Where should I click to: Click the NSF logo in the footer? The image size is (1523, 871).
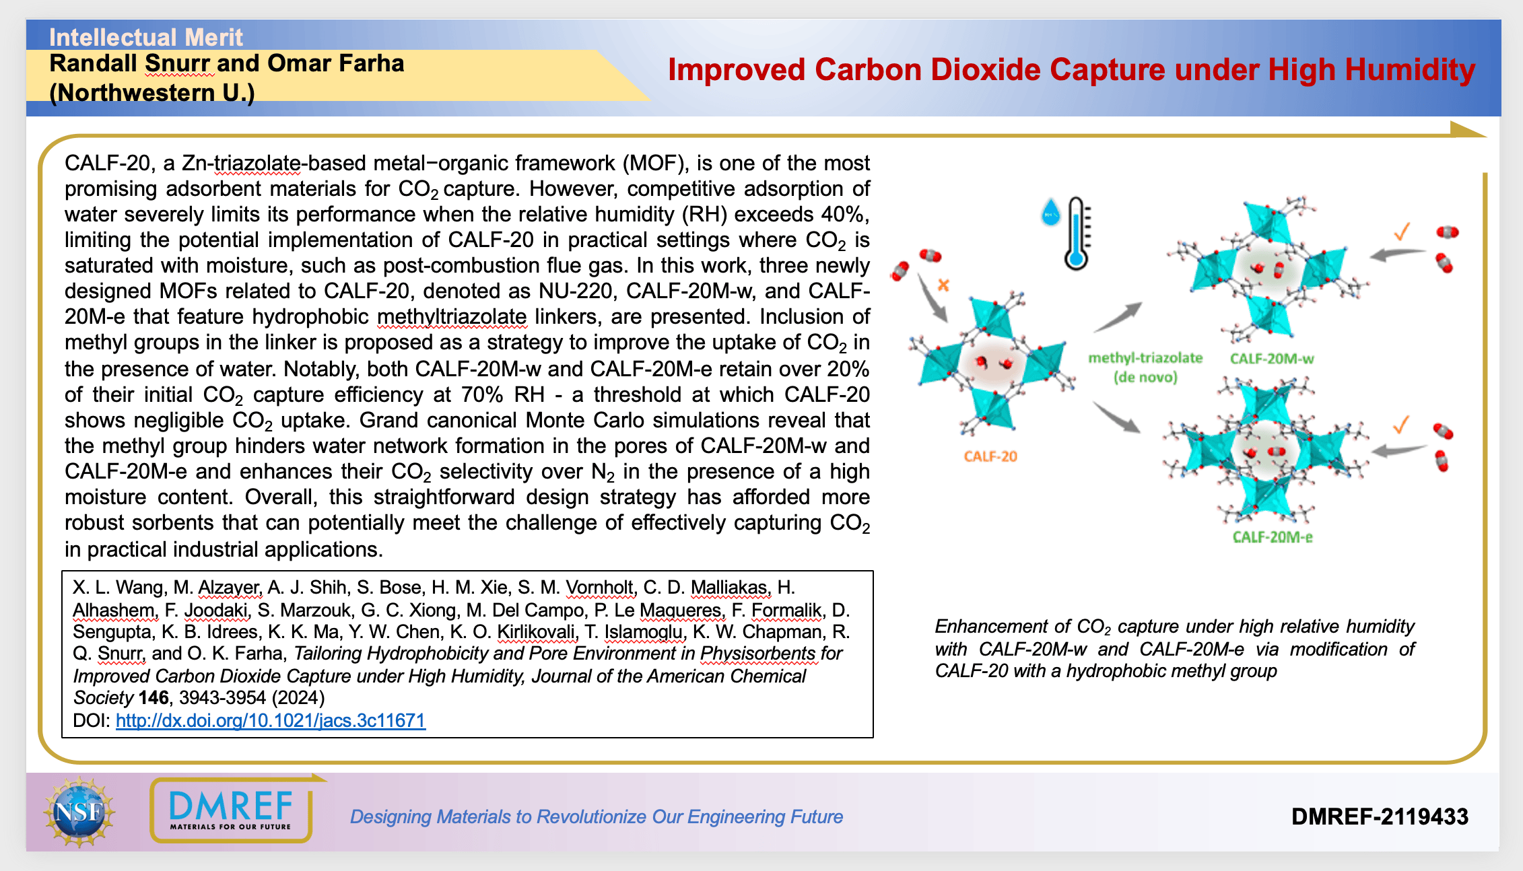(79, 812)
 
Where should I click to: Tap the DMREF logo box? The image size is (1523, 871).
(231, 810)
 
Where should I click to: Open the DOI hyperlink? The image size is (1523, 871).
(271, 720)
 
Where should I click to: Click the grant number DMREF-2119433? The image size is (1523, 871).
(1380, 816)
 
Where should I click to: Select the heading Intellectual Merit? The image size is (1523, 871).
(145, 37)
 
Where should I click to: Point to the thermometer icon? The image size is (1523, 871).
(1077, 234)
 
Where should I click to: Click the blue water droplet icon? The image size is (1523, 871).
(1050, 212)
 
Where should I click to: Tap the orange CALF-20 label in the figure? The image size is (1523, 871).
(990, 456)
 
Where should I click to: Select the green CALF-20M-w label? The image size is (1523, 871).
(1272, 359)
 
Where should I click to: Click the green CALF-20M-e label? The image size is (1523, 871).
(1273, 537)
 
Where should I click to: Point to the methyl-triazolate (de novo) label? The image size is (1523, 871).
(1145, 368)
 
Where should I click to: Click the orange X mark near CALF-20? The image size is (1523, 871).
(943, 285)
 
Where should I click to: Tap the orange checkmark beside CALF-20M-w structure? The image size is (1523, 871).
(1402, 232)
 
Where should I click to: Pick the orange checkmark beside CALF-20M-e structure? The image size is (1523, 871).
(1401, 425)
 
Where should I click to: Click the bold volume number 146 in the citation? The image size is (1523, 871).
(154, 698)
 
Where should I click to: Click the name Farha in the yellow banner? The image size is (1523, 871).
(371, 63)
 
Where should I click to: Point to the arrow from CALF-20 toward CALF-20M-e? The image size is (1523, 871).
(1116, 417)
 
